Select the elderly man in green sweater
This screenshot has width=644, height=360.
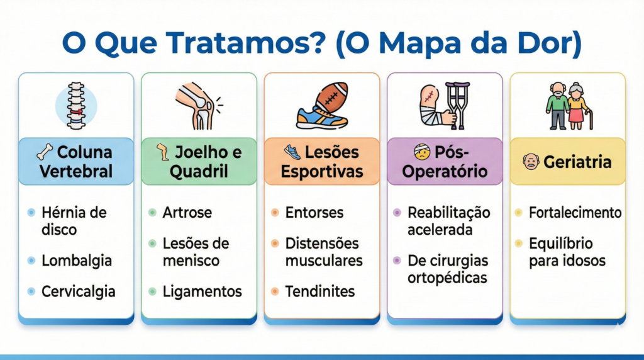pos(557,106)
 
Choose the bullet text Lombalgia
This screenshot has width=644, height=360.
pos(76,261)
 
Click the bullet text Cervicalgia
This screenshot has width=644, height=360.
pos(79,291)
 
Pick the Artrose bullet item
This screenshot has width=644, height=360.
pos(187,213)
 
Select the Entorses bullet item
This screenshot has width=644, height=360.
pos(314,213)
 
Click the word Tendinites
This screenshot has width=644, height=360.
pos(320,291)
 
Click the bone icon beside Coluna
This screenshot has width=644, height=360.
pos(45,152)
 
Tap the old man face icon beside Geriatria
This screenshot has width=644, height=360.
pos(531,162)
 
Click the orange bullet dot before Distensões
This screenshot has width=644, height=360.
pos(275,244)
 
